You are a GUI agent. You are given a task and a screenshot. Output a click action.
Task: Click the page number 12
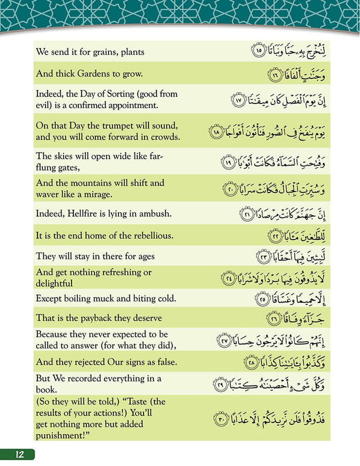point(19,454)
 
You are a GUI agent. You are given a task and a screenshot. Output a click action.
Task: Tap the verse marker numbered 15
point(258,51)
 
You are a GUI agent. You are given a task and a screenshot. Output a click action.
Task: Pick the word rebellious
point(150,235)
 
